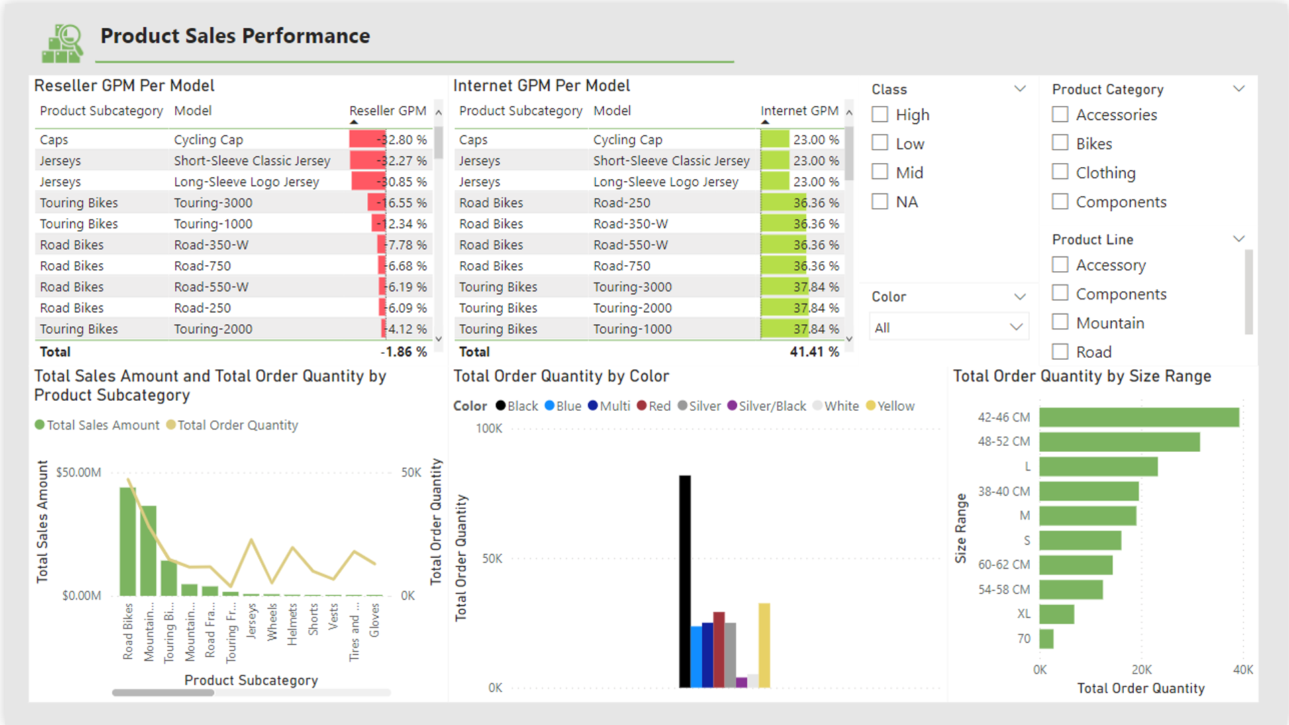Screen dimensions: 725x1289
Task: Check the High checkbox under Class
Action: point(879,115)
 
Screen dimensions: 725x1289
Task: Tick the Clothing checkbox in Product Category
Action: point(1060,173)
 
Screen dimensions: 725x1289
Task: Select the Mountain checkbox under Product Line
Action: point(1060,323)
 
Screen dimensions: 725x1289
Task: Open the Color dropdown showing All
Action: point(948,328)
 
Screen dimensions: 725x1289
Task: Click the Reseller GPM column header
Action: point(387,111)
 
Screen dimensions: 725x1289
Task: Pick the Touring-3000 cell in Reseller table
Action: point(213,203)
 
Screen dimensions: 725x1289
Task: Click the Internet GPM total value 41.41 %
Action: point(814,352)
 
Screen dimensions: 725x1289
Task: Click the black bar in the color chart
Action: point(685,581)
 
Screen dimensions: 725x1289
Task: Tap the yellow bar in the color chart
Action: point(764,644)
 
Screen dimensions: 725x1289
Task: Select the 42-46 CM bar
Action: point(1139,417)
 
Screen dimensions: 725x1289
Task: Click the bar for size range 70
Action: point(1046,638)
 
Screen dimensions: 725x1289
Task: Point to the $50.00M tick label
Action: point(79,473)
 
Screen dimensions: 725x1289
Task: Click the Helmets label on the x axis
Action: point(292,624)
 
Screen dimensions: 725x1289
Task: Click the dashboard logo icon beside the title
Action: point(62,44)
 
